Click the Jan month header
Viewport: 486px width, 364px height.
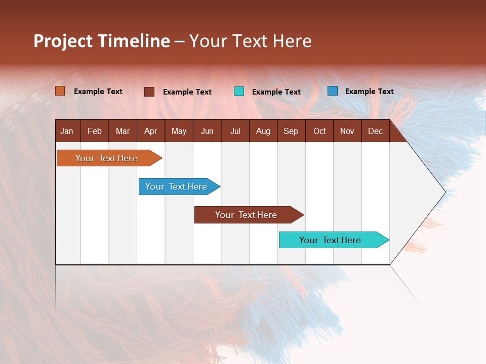pos(67,131)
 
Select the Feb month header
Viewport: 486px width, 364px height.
pos(95,131)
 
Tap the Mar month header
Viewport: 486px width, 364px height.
pos(123,131)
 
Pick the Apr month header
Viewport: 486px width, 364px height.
pos(150,131)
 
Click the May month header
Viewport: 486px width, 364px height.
pos(179,131)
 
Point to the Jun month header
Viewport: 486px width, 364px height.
pos(207,131)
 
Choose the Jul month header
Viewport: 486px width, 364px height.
pos(235,131)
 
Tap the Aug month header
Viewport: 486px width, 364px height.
pos(263,131)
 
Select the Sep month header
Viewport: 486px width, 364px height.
pos(291,131)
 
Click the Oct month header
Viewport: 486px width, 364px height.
pos(319,131)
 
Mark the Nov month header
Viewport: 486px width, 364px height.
pos(347,131)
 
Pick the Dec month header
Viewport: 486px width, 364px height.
pos(375,131)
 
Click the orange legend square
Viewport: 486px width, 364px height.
pos(60,91)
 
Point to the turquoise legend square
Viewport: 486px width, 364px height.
pos(239,92)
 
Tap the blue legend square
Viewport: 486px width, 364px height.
pos(333,91)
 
